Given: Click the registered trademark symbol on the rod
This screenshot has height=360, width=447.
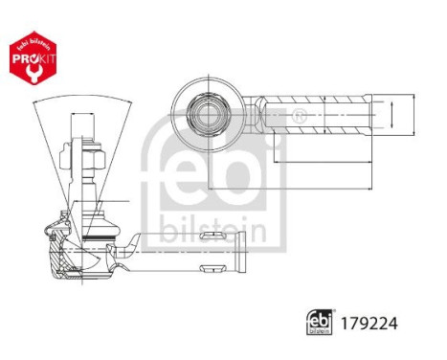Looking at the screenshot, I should pos(298,118).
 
